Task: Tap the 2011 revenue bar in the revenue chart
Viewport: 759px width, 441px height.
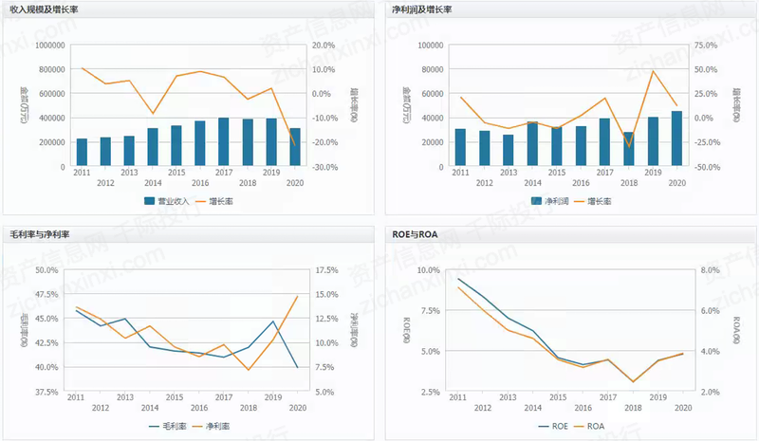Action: coord(82,153)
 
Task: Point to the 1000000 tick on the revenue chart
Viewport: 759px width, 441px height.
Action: coord(47,45)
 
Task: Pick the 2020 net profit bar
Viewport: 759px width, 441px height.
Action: coord(676,138)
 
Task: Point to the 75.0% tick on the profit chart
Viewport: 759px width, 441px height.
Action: coord(703,45)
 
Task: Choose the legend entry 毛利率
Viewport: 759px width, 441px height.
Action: coord(168,426)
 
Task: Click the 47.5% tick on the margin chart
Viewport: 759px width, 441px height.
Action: coord(46,294)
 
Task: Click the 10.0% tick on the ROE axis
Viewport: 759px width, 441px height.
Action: coord(429,269)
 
